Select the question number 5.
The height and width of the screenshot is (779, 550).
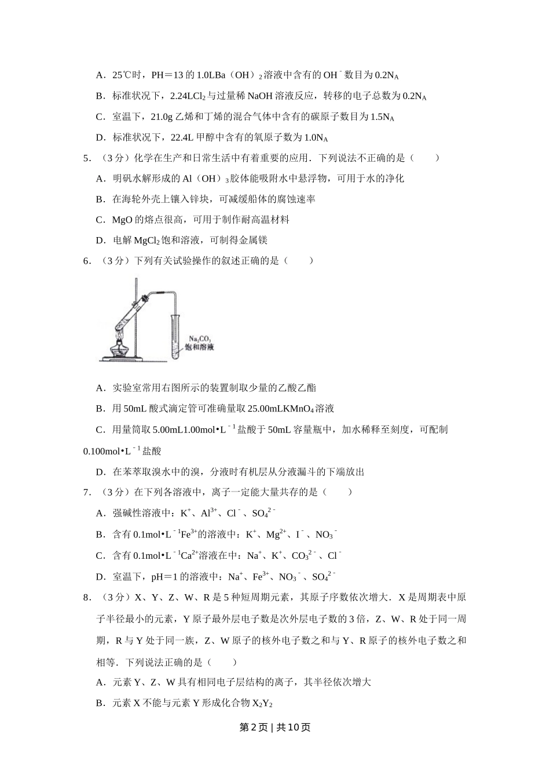(x=87, y=158)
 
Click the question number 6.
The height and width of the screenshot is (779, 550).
(x=87, y=261)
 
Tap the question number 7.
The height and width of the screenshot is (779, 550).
(x=87, y=492)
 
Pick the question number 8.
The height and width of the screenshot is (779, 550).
(x=87, y=598)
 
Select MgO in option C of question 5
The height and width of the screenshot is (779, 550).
(x=122, y=220)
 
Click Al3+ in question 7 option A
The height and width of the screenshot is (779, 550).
(x=208, y=513)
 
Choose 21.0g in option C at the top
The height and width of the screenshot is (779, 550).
(x=162, y=117)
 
